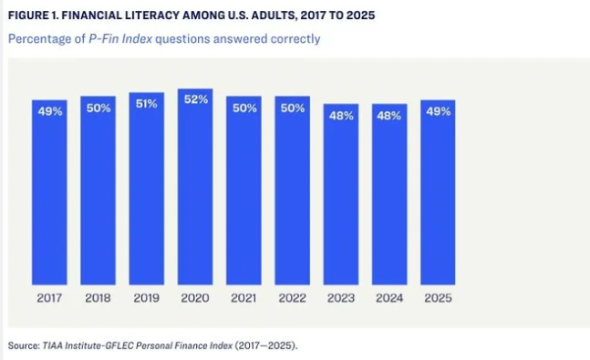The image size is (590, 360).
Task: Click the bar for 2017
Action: click(x=49, y=192)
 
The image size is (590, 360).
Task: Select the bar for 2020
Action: click(x=195, y=187)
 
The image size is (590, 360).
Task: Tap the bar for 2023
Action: click(x=341, y=194)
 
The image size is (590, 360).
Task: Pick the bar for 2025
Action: click(x=438, y=192)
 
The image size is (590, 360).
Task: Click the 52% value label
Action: click(x=196, y=99)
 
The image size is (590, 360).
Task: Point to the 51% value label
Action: click(x=147, y=104)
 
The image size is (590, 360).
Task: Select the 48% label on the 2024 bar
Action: click(x=389, y=116)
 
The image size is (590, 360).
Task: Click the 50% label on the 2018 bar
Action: click(x=98, y=108)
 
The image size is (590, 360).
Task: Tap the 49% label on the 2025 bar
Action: click(x=439, y=111)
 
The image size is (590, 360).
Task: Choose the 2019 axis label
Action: click(x=147, y=298)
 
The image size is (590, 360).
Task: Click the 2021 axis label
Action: click(x=243, y=298)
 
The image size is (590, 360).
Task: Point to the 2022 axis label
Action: click(x=293, y=298)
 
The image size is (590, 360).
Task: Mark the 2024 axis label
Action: click(x=389, y=298)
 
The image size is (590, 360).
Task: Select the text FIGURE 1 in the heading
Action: click(x=33, y=15)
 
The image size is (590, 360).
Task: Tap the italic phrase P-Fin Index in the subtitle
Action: click(x=120, y=39)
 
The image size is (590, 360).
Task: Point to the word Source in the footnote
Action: click(x=24, y=345)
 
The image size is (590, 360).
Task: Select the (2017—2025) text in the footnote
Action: click(x=264, y=345)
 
